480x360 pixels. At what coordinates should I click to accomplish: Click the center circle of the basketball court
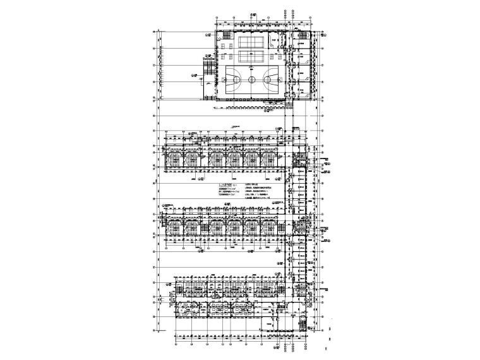click(251, 80)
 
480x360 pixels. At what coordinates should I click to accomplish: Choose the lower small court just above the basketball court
click(251, 56)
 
